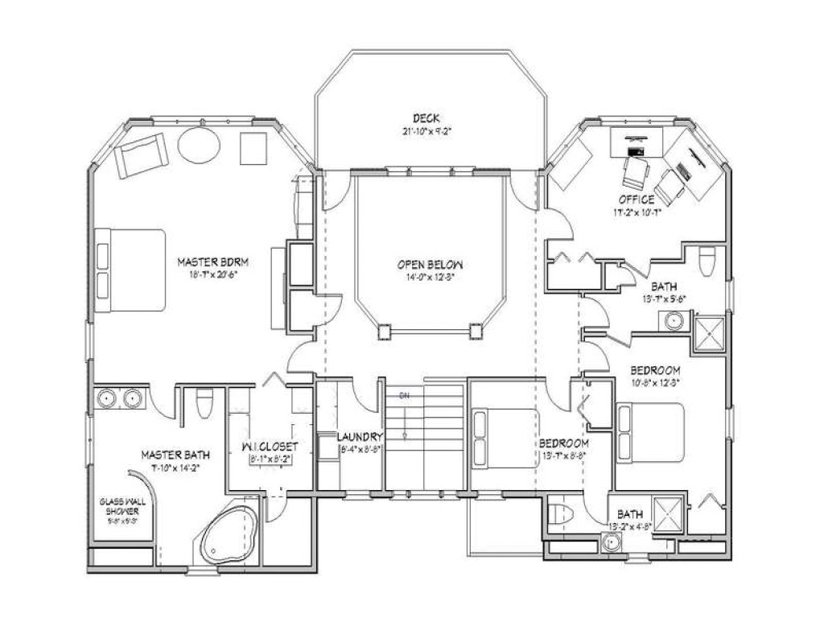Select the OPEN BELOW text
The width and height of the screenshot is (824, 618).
tap(430, 264)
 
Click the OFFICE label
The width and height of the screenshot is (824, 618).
tap(636, 200)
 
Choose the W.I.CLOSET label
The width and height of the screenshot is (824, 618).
tap(270, 447)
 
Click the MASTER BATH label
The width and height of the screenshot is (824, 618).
tap(170, 455)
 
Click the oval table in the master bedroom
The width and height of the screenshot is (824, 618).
tap(199, 146)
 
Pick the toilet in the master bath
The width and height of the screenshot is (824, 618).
tap(204, 403)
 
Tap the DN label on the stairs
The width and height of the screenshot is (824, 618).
tap(406, 395)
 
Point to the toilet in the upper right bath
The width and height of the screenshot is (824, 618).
tap(707, 261)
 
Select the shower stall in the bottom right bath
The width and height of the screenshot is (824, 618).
tap(666, 514)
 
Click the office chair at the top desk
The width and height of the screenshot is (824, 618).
tap(636, 171)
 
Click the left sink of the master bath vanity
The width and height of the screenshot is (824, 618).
tap(107, 397)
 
